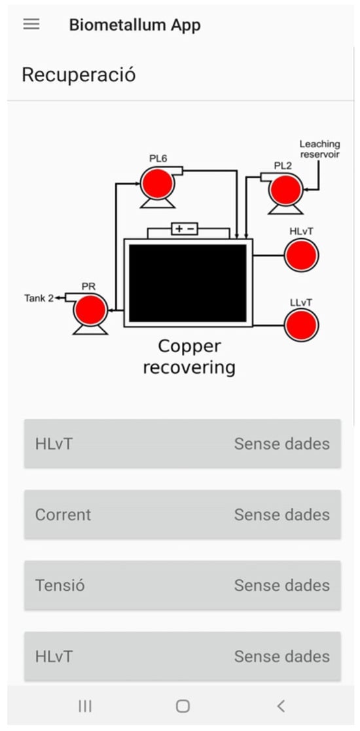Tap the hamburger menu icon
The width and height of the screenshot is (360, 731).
(31, 24)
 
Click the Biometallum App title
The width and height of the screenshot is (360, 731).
(135, 25)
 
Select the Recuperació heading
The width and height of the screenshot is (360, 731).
(79, 75)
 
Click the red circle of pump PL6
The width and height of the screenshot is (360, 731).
(158, 184)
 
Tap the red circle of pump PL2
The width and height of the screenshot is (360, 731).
(286, 190)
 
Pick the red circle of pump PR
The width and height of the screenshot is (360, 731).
(90, 310)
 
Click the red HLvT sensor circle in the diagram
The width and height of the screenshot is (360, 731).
(301, 255)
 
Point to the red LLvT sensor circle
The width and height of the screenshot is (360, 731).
(301, 325)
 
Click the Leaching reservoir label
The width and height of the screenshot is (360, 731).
(320, 149)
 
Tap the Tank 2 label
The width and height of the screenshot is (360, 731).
(39, 298)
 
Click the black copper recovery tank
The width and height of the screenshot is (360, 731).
(188, 283)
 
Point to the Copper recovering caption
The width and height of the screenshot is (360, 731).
(189, 357)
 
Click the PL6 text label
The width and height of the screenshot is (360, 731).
(158, 158)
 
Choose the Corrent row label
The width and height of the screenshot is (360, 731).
(63, 514)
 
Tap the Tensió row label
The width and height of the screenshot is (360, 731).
(60, 585)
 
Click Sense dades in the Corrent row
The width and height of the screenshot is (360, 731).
(281, 514)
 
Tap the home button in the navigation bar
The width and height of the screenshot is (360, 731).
(183, 706)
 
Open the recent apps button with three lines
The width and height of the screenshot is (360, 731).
(85, 706)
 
